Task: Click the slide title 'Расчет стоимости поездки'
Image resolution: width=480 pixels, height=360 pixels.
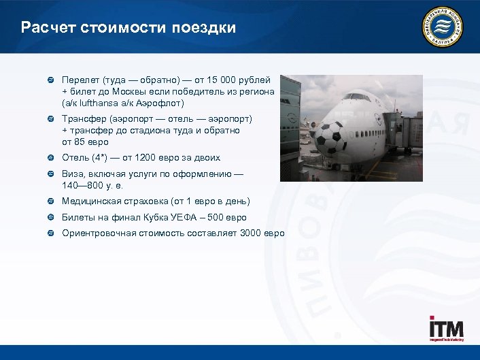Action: [x=128, y=28]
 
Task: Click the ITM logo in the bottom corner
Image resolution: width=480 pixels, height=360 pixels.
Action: [x=445, y=329]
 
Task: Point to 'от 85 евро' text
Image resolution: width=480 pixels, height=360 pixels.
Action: [x=86, y=142]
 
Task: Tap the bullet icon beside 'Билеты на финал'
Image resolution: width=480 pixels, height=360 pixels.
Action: [x=51, y=218]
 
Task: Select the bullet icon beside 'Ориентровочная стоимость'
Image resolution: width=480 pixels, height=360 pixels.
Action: [x=51, y=233]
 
